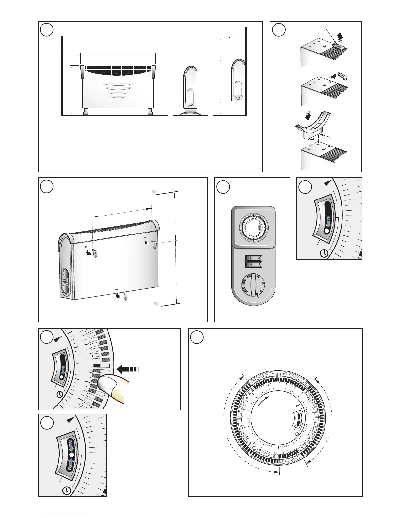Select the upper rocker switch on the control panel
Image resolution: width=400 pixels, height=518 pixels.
click(252, 258)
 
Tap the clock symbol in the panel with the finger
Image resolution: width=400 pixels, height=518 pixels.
click(59, 394)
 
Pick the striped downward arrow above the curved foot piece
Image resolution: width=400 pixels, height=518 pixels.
click(307, 116)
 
